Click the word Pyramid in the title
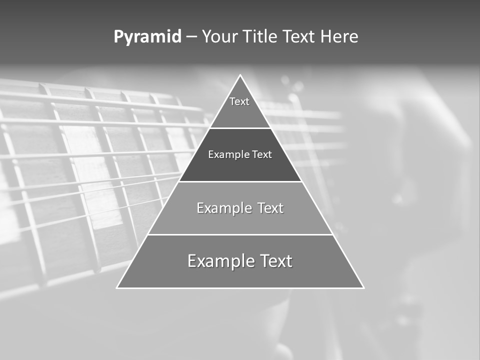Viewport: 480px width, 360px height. (x=147, y=37)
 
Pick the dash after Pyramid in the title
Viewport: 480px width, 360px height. (x=191, y=37)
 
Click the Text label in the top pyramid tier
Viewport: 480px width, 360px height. (x=239, y=101)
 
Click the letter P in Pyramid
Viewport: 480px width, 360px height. (x=118, y=37)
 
